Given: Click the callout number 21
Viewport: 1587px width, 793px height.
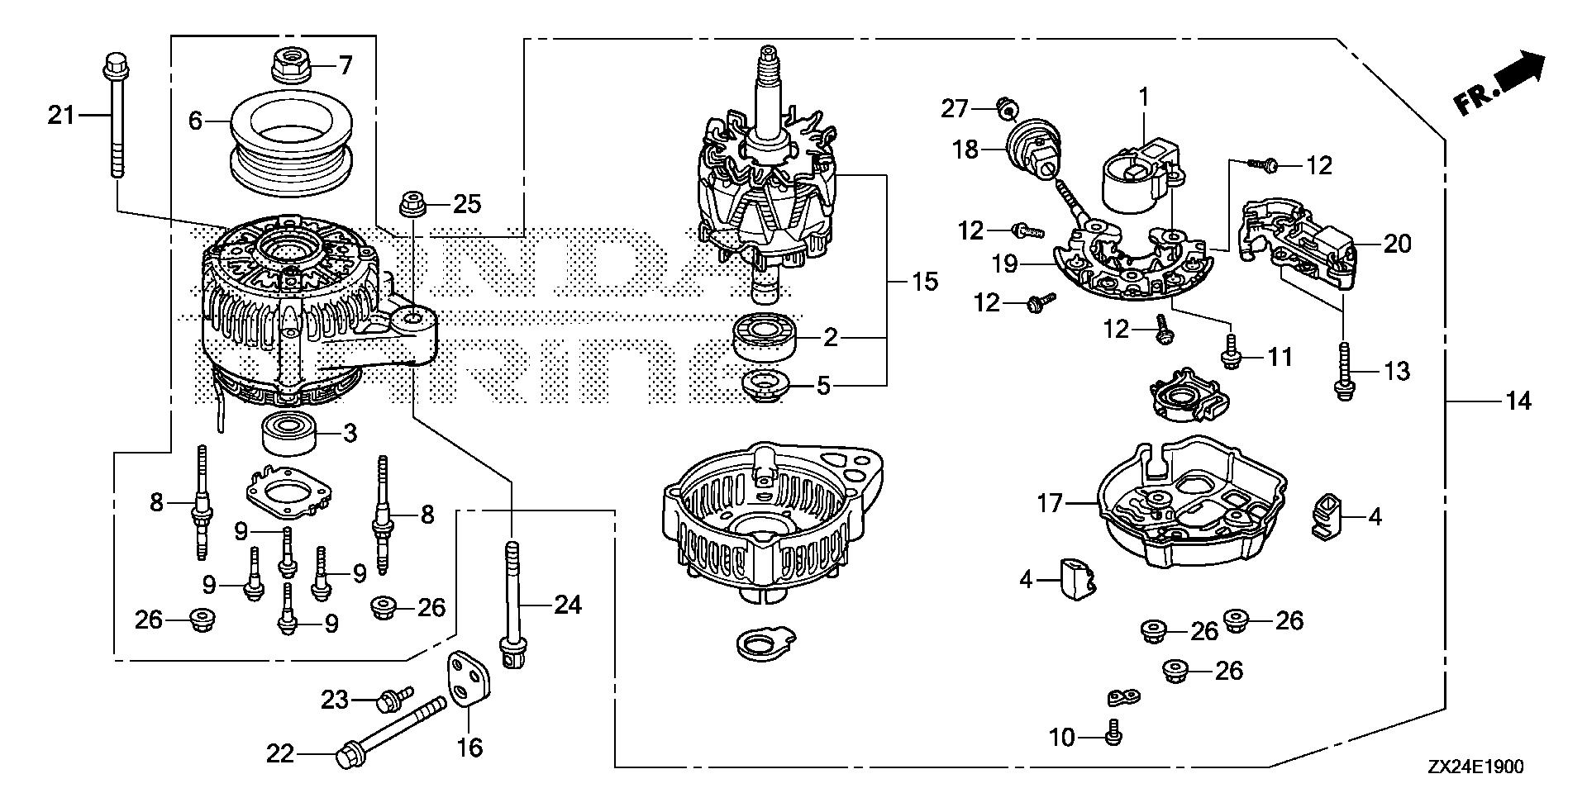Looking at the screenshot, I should [x=60, y=116].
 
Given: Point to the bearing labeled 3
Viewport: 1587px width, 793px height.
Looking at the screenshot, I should [x=290, y=434].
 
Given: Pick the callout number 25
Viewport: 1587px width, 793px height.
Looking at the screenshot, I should [x=466, y=203].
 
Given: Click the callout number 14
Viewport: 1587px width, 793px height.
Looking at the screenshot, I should [x=1519, y=401].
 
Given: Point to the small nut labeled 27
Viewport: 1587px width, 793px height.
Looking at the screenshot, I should [x=1005, y=105].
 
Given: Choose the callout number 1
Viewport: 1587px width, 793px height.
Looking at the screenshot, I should [x=1145, y=97].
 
